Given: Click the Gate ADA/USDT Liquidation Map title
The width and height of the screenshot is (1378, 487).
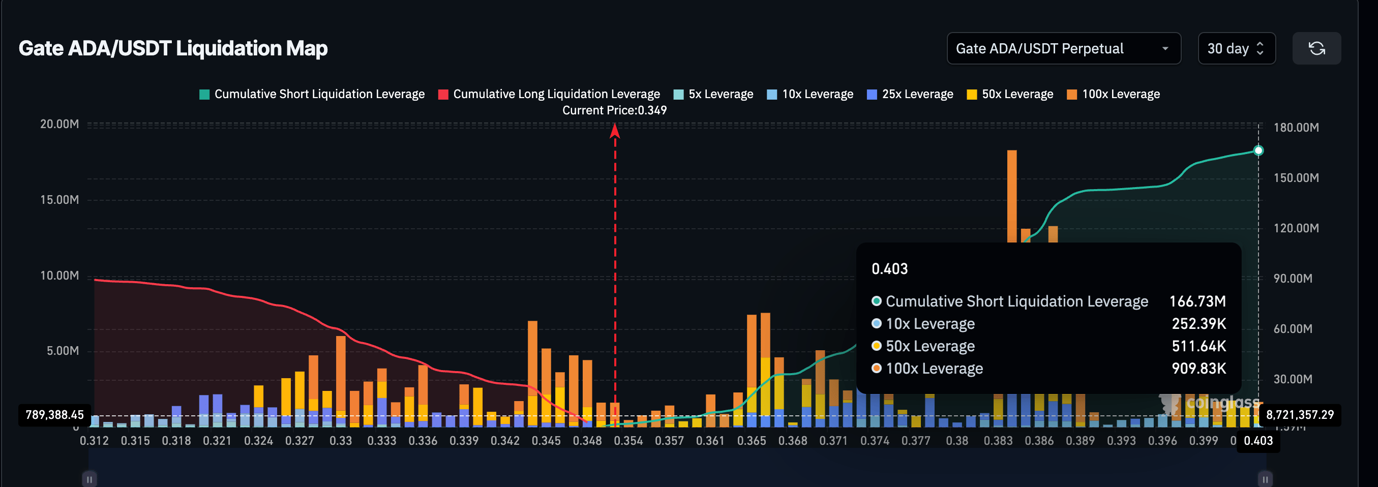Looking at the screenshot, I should [x=173, y=49].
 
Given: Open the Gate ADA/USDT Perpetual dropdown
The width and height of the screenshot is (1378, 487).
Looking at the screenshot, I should [x=1063, y=49].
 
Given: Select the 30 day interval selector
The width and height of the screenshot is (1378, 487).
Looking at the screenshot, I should [x=1236, y=49].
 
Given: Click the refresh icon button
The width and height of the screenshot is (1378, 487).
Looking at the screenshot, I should [x=1316, y=49].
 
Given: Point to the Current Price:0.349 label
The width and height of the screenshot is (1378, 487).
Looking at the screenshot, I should [x=614, y=110].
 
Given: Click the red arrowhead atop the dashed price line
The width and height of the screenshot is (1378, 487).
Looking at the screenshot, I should [x=615, y=131].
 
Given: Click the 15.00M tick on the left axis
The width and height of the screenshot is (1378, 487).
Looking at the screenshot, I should [x=59, y=200].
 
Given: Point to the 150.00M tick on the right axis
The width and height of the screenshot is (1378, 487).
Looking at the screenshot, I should [x=1296, y=178].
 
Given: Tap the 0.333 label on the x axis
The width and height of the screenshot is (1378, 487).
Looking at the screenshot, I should [x=381, y=441].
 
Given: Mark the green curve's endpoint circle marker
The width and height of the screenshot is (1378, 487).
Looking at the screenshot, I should [x=1258, y=151].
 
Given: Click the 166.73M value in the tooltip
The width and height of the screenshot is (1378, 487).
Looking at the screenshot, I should [x=1197, y=301].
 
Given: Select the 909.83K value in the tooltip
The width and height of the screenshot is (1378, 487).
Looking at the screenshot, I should [x=1199, y=369].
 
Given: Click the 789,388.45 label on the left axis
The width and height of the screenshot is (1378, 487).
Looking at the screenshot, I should [x=54, y=415].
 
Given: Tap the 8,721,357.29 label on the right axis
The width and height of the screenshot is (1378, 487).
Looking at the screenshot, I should [x=1299, y=415].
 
